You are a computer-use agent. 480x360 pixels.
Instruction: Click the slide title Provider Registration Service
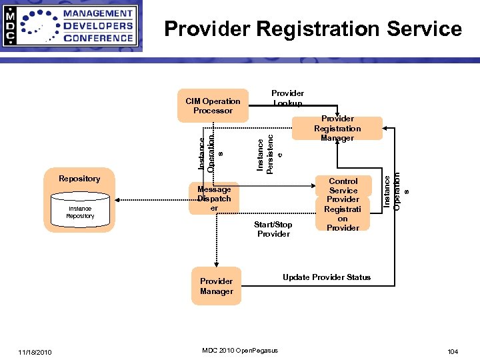313,29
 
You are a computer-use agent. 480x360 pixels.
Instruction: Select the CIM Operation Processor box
213,106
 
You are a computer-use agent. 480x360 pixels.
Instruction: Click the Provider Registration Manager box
337,128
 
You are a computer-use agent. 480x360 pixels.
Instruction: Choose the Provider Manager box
216,286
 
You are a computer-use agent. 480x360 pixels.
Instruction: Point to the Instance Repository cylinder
80,212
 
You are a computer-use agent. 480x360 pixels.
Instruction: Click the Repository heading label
79,178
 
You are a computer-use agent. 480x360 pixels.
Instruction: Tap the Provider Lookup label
287,98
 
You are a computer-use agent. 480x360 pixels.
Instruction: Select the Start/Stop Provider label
273,229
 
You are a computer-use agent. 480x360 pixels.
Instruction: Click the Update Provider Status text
327,277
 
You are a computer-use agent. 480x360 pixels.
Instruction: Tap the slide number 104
453,351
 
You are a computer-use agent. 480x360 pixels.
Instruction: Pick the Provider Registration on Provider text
343,213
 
